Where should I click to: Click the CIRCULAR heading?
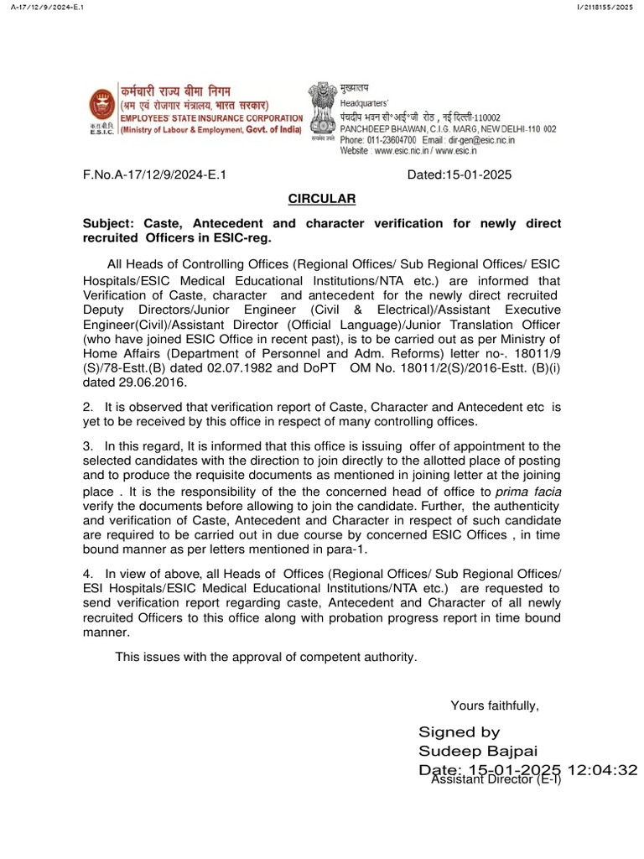(x=322, y=199)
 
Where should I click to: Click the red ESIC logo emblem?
(x=103, y=106)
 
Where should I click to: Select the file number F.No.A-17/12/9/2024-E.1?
(x=155, y=175)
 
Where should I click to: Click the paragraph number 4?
(x=86, y=572)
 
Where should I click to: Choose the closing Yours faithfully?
(x=495, y=705)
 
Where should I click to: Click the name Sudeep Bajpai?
(x=478, y=751)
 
